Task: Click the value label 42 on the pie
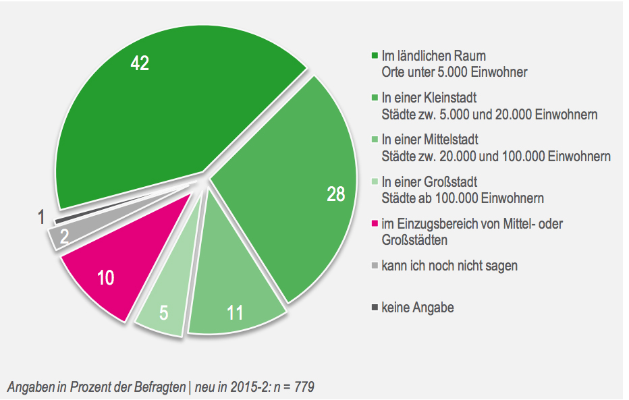pyautogui.click(x=140, y=63)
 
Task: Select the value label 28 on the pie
pyautogui.click(x=335, y=194)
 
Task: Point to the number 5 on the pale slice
pyautogui.click(x=163, y=313)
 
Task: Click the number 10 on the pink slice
pyautogui.click(x=105, y=277)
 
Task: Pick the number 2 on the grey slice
pyautogui.click(x=65, y=236)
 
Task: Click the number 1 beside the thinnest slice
pyautogui.click(x=41, y=217)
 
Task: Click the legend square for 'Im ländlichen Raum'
pyautogui.click(x=375, y=55)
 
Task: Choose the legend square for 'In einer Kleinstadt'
pyautogui.click(x=375, y=98)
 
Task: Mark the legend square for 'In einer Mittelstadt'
pyautogui.click(x=375, y=140)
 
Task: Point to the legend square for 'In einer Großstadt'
pyautogui.click(x=375, y=182)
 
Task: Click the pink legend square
pyautogui.click(x=375, y=224)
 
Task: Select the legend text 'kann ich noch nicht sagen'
pyautogui.click(x=449, y=266)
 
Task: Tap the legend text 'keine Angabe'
pyautogui.click(x=418, y=308)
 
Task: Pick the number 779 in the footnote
pyautogui.click(x=304, y=387)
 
